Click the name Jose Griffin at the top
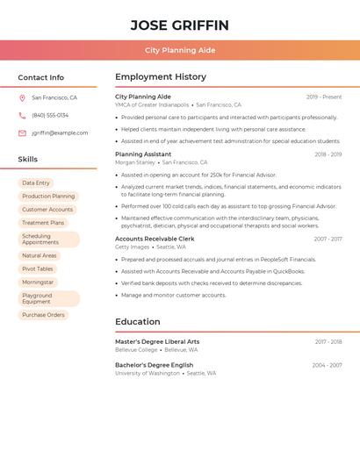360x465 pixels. tap(179, 25)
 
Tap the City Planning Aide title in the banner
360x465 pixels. tap(179, 50)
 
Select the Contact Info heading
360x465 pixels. tap(40, 77)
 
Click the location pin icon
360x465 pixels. tap(22, 98)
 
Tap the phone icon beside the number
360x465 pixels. tap(22, 116)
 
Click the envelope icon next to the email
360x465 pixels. tap(22, 133)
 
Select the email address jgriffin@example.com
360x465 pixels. tap(60, 133)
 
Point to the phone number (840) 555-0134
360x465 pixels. tap(50, 116)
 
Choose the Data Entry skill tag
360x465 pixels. tap(36, 183)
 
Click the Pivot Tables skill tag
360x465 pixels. tap(38, 269)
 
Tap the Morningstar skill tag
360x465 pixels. tap(38, 283)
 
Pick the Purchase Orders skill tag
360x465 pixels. tap(43, 315)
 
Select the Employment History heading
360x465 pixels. tap(161, 77)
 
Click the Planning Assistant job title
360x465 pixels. tap(143, 154)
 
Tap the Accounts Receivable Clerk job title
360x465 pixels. tap(155, 239)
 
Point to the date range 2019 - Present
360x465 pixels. tap(324, 97)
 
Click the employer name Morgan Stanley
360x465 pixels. tap(135, 162)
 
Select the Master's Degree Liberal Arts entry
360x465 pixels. tap(157, 341)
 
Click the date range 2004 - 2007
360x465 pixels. tap(327, 365)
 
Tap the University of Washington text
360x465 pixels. tap(148, 373)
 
